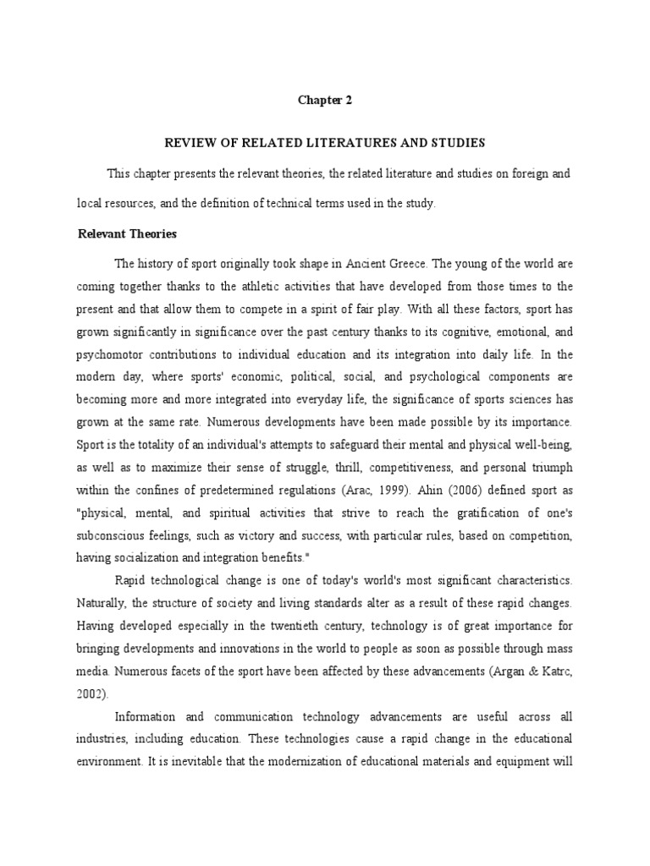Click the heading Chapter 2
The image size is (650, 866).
click(324, 100)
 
